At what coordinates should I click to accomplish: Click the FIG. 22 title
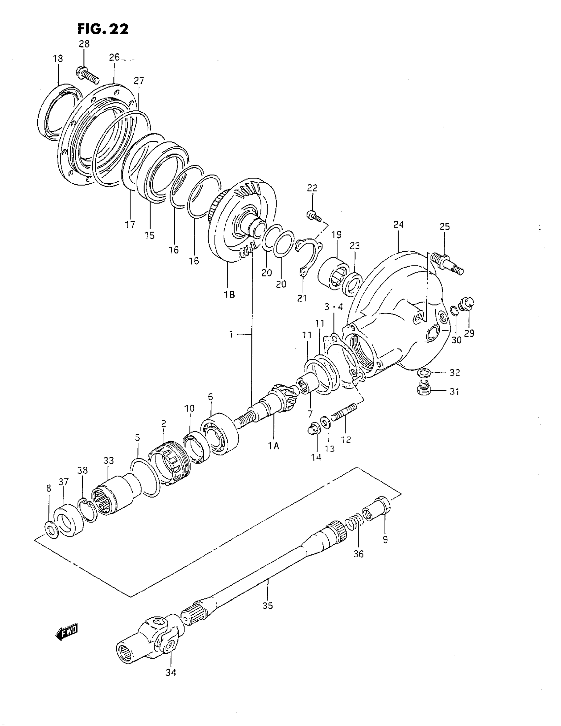(103, 29)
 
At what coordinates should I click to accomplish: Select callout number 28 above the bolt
(84, 44)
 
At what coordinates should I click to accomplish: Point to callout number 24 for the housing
(398, 225)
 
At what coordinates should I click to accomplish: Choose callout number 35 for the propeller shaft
(267, 606)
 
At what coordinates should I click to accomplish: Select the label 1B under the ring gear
(229, 295)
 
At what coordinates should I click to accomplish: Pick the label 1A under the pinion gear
(274, 446)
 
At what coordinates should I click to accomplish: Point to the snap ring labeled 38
(88, 510)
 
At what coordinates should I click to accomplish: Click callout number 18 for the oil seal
(58, 59)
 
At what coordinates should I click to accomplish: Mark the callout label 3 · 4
(333, 307)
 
